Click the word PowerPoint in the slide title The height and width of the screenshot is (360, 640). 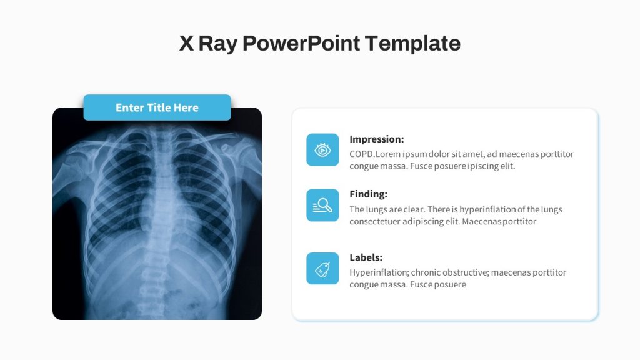tap(301, 43)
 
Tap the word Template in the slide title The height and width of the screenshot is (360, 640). tap(412, 44)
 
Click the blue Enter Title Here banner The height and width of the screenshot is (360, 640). tap(157, 107)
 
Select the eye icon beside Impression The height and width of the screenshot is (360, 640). tap(322, 150)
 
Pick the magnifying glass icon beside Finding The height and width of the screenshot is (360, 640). tap(322, 205)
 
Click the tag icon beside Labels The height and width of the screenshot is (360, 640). tap(322, 268)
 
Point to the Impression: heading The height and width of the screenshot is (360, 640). tap(377, 139)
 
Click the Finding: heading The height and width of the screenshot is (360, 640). tap(369, 194)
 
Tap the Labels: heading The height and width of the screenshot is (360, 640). tap(366, 257)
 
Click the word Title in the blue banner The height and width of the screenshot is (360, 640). tap(159, 107)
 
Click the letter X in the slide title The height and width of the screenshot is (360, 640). tap(186, 43)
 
